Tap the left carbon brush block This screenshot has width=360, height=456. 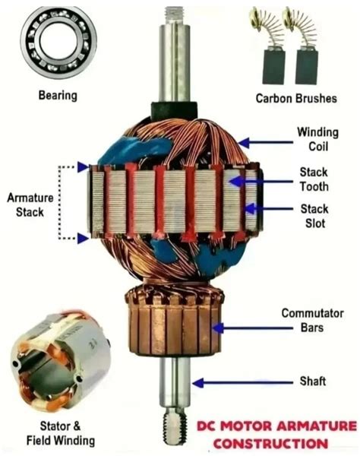(274, 67)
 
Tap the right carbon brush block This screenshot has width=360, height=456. (307, 67)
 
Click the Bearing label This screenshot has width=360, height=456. (58, 96)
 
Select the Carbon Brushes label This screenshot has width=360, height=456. (296, 98)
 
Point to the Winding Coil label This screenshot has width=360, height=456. (318, 139)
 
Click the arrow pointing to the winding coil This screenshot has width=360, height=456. (265, 143)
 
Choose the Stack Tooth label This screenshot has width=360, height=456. (314, 179)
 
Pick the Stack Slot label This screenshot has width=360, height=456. (314, 216)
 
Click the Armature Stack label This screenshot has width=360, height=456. (30, 205)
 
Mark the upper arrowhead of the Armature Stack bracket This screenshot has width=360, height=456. (83, 167)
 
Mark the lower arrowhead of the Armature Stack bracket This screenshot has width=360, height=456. (83, 239)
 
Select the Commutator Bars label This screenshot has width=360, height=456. (312, 321)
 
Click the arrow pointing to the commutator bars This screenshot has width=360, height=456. (253, 328)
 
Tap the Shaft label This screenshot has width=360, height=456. (313, 381)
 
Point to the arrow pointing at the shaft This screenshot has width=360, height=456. (242, 383)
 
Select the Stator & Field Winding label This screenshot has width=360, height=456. (61, 433)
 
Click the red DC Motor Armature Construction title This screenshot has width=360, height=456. (276, 435)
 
